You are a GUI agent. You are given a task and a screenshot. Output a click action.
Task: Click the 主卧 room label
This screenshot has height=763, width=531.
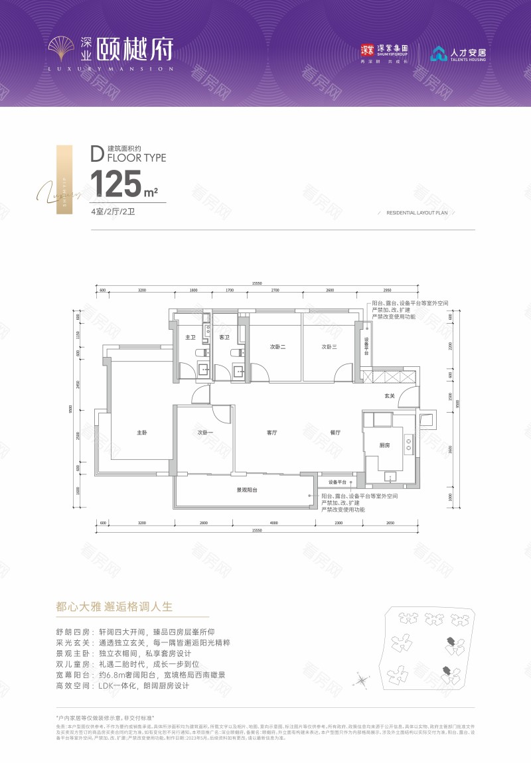141,433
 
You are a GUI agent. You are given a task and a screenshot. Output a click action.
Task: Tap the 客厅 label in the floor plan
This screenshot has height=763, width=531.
271,433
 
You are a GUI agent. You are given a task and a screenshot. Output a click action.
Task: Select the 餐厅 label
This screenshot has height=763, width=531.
335,433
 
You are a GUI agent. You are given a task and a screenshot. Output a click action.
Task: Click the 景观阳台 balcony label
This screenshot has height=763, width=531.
247,490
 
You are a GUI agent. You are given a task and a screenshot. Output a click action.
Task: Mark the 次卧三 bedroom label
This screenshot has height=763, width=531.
330,347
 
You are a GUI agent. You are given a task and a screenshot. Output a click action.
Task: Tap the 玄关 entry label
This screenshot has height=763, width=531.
390,396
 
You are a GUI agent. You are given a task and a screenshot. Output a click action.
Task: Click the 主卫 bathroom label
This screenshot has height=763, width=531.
189,338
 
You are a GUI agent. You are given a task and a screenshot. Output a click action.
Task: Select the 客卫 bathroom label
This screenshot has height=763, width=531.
224,338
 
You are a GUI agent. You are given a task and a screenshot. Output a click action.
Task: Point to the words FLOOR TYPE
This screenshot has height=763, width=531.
136,158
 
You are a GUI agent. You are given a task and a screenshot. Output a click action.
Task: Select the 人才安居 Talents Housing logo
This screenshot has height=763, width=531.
458,54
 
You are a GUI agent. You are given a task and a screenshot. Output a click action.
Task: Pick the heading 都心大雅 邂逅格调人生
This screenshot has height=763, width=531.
114,606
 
